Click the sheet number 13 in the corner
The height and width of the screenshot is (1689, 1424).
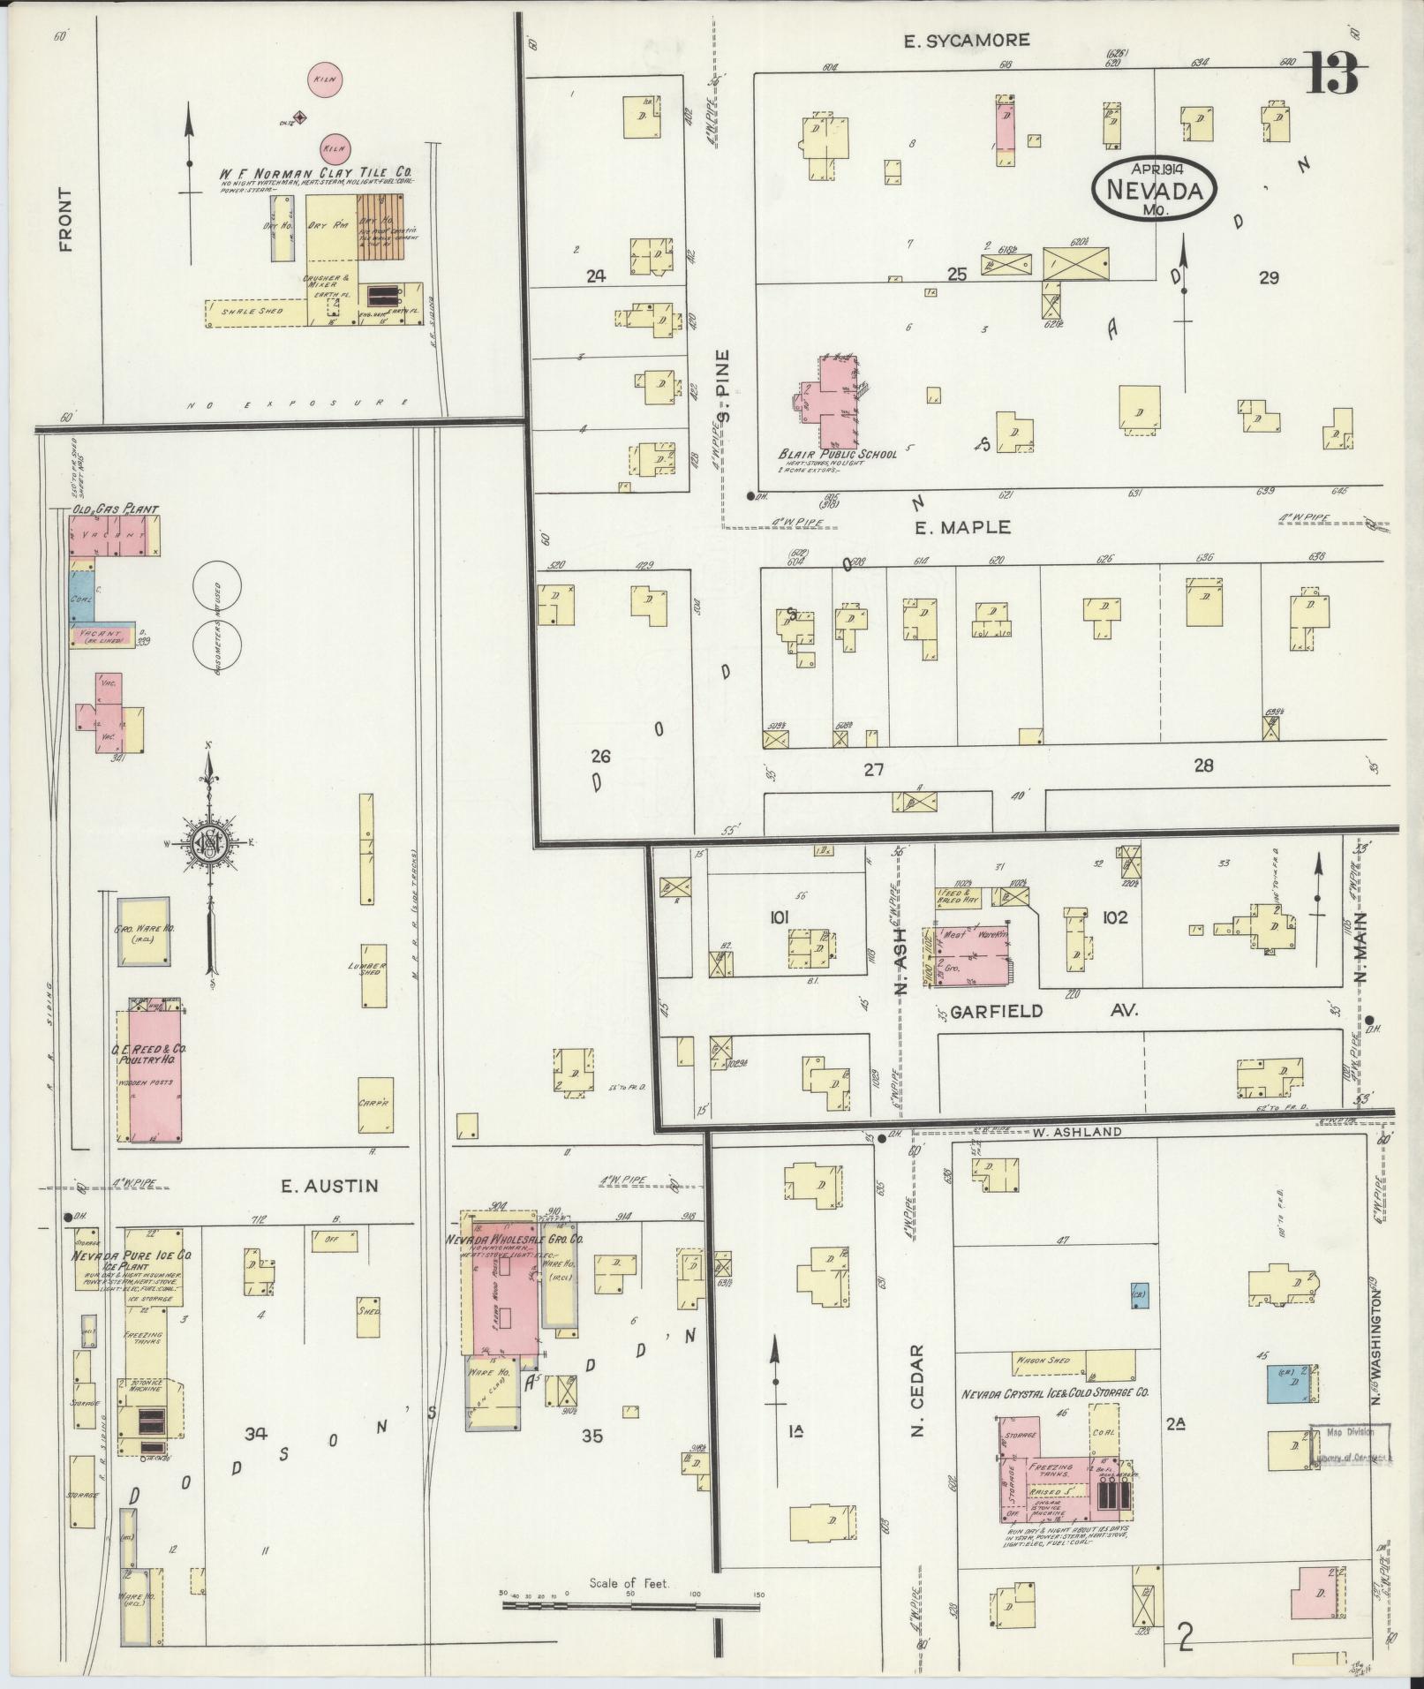[x=1333, y=73]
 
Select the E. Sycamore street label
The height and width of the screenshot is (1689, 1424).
[x=967, y=40]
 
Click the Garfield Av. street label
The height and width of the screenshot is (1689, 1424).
[x=1043, y=1011]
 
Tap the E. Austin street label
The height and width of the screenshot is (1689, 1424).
[x=329, y=1186]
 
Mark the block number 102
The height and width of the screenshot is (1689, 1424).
[x=1115, y=917]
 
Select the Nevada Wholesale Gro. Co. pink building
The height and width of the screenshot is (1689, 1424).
[x=502, y=1297]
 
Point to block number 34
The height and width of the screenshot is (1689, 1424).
[x=256, y=1435]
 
